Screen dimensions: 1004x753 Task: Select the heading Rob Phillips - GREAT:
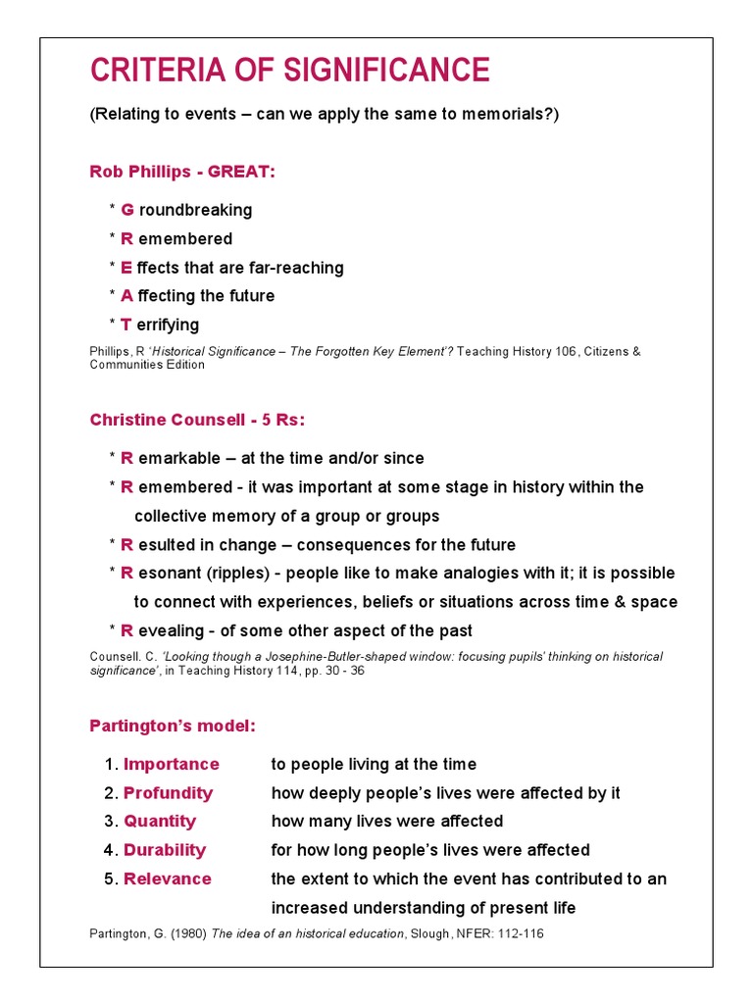click(182, 172)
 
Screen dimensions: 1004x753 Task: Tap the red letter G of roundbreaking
click(127, 210)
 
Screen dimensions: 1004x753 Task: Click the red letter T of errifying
click(125, 325)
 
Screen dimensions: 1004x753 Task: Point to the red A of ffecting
click(126, 296)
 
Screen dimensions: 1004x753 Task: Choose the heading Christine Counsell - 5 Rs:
click(197, 420)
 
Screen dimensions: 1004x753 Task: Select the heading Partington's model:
click(173, 727)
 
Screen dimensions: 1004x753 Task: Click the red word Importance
click(171, 765)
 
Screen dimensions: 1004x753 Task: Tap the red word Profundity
click(168, 793)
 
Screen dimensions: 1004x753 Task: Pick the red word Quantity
click(160, 822)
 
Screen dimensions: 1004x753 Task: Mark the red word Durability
click(165, 850)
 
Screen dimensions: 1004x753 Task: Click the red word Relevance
click(168, 879)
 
